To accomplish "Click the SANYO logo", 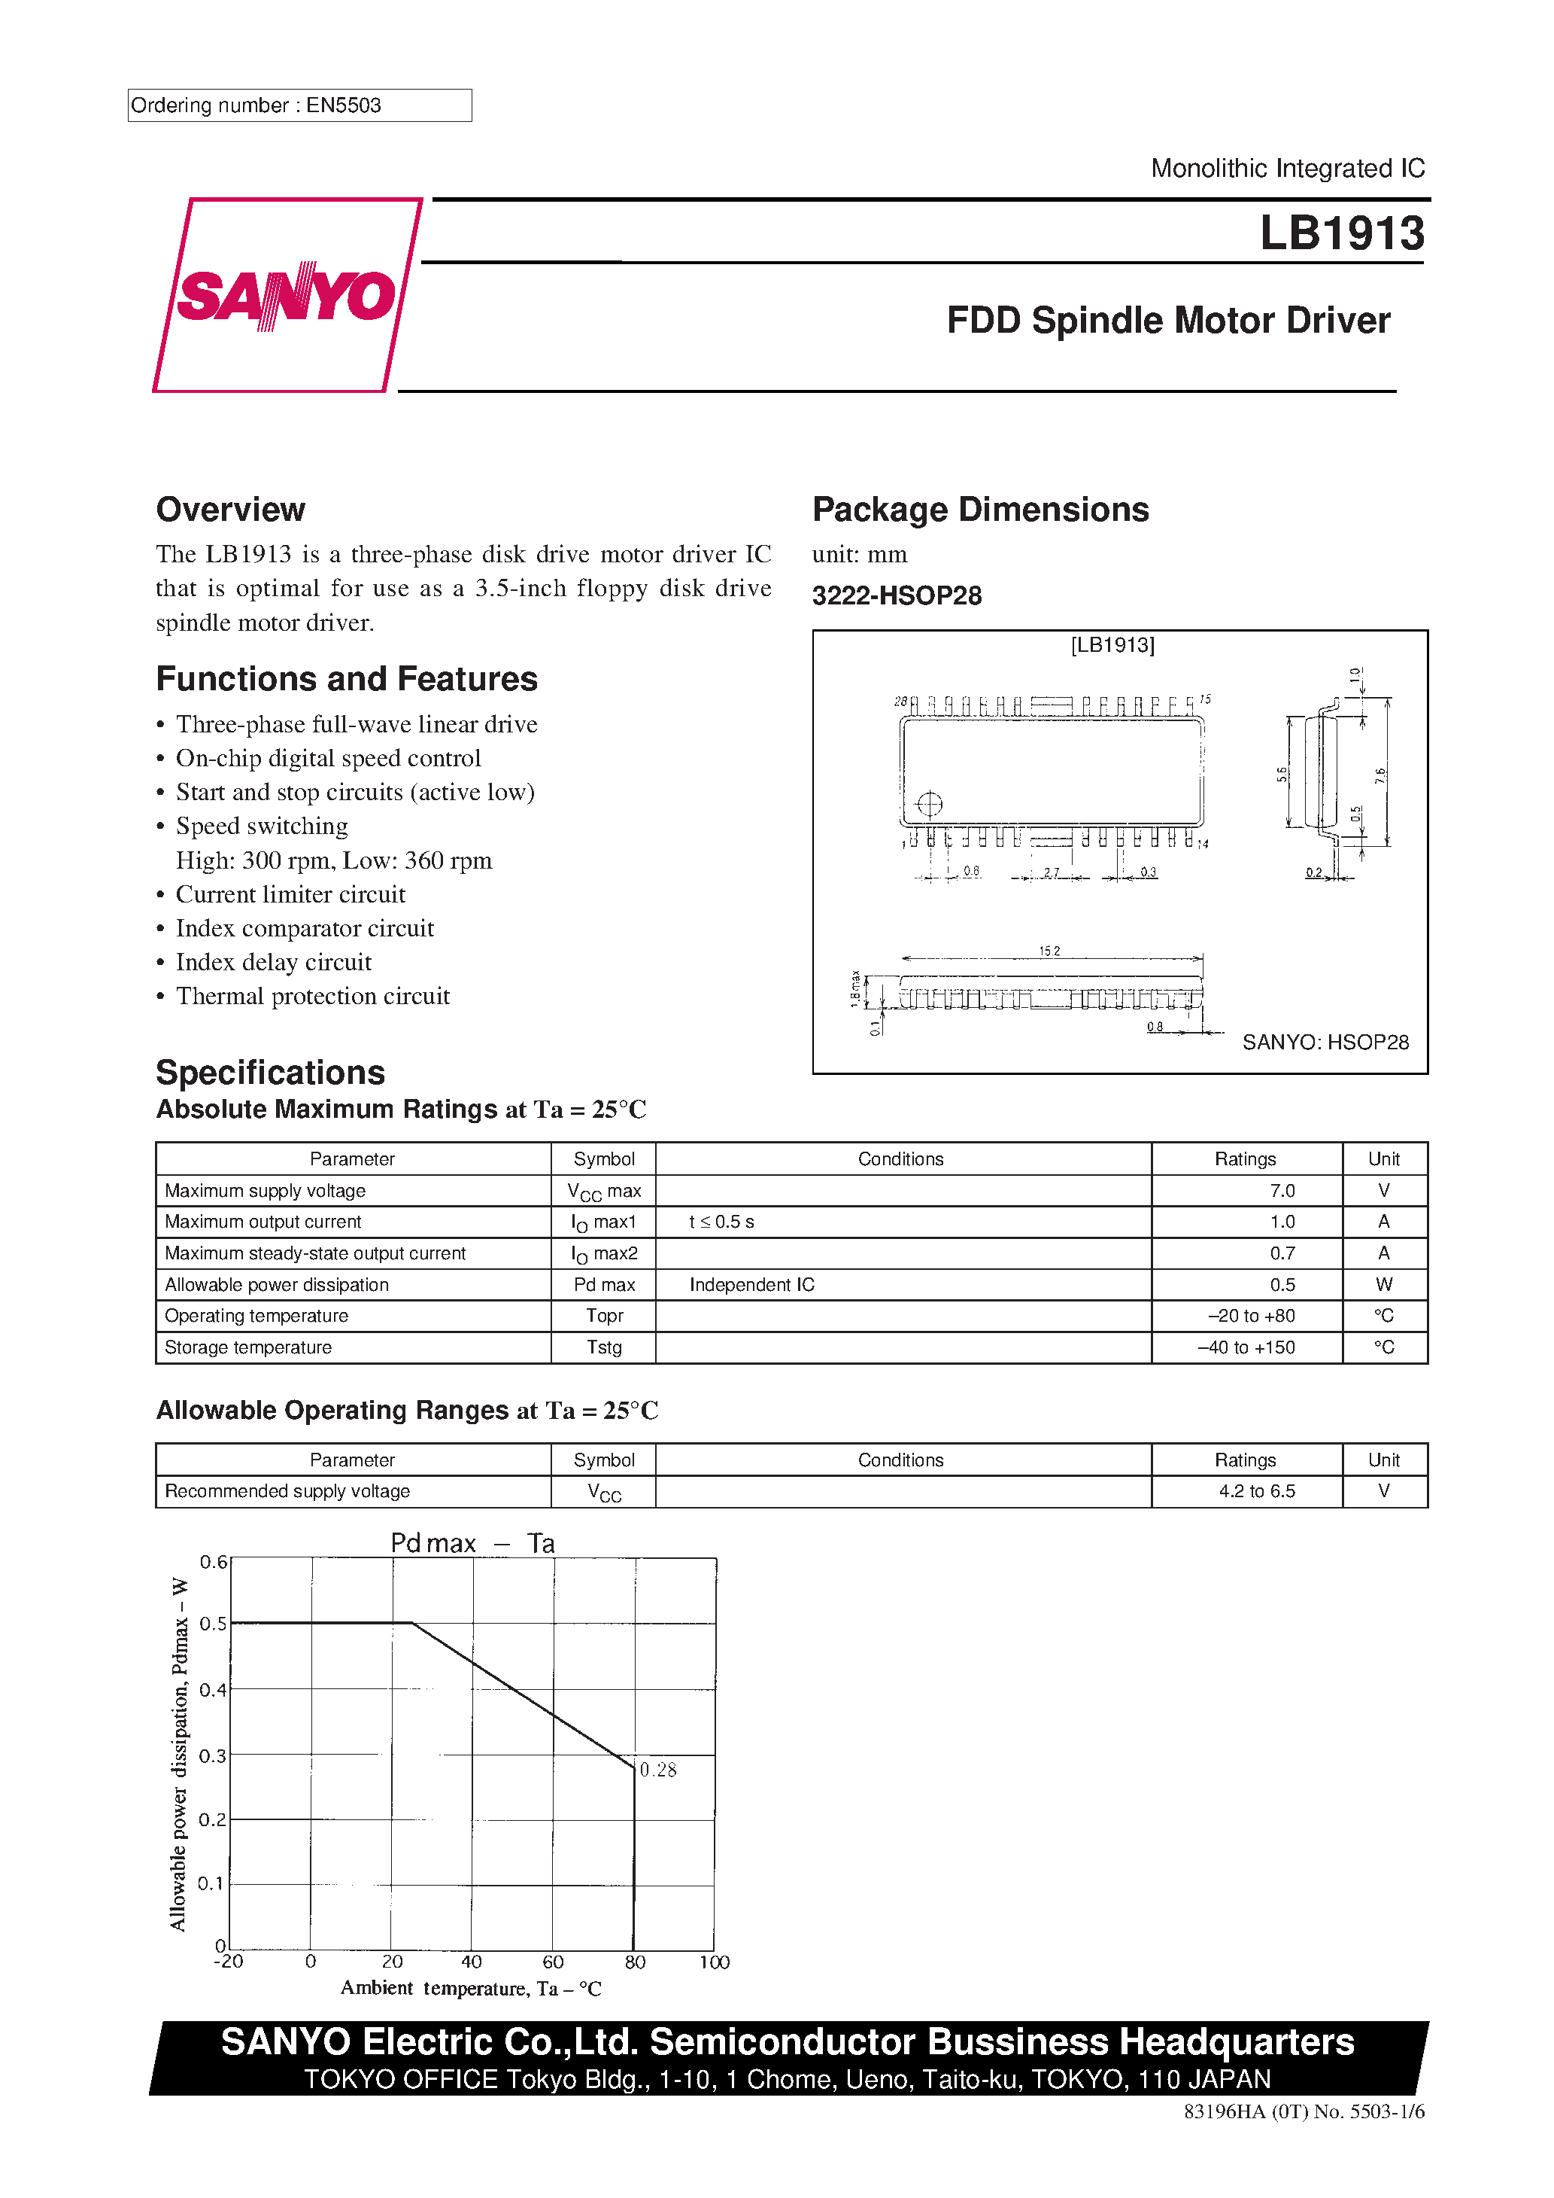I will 285,295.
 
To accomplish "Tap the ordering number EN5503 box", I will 299,105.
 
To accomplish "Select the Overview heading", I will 231,510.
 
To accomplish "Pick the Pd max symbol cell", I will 604,1285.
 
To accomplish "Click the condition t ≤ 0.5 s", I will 721,1222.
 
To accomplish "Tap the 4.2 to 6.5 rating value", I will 1255,1491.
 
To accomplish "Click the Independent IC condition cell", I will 751,1285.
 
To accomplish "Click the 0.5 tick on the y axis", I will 212,1624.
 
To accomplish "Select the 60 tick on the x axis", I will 553,1962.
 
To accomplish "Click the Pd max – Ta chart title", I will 472,1543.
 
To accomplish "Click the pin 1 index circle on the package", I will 929,803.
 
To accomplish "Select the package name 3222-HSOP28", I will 897,595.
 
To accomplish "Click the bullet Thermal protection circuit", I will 312,996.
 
